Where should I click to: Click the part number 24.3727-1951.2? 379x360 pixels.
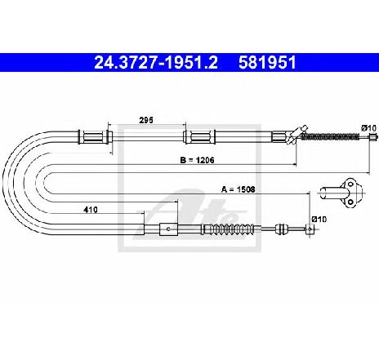tap(156, 63)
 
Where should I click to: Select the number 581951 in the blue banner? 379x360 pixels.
tap(267, 63)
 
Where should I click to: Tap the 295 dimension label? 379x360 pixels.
tap(146, 120)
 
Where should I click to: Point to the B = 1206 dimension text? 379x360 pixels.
tap(197, 160)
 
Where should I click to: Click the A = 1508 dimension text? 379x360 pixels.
tap(239, 189)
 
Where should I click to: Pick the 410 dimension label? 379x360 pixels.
tap(91, 210)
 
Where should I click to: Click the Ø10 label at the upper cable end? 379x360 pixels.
tap(369, 128)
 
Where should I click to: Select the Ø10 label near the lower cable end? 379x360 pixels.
tap(319, 219)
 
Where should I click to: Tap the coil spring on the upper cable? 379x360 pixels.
tap(331, 136)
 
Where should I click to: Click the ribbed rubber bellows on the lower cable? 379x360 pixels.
tap(228, 229)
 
